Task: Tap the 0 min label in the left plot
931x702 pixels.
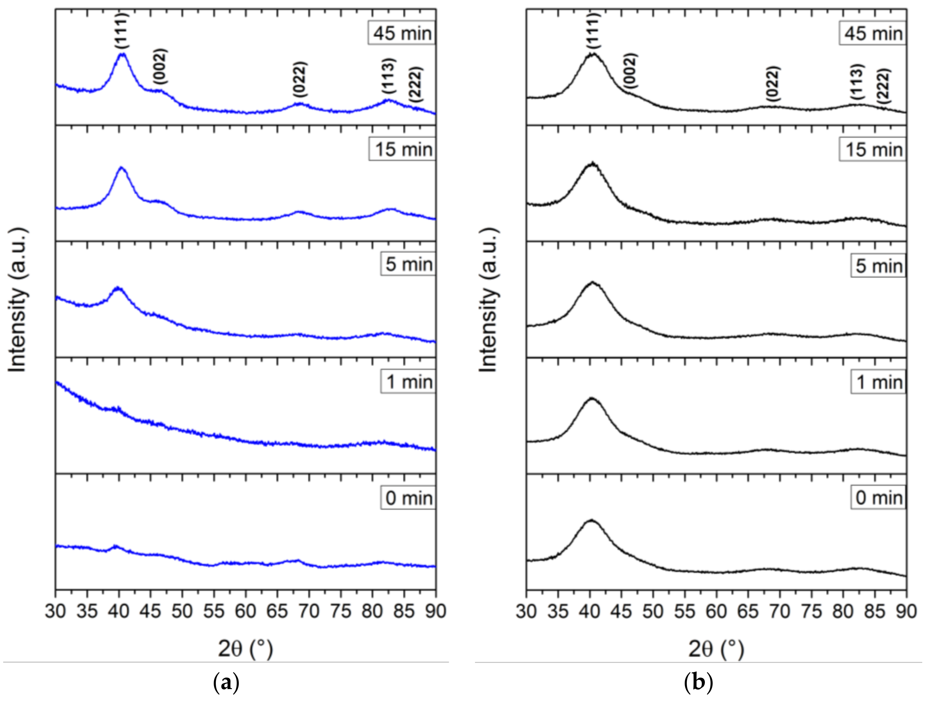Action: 408,498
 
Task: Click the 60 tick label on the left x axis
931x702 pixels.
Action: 245,611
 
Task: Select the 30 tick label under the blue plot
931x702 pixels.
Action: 56,611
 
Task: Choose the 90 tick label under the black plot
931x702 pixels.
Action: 905,611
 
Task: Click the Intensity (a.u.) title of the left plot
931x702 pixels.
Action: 18,300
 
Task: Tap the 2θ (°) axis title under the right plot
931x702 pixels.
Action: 716,649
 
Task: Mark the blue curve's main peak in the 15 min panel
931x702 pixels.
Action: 122,168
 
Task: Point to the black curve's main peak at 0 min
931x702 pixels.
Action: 591,521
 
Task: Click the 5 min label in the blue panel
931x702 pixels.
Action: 408,264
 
